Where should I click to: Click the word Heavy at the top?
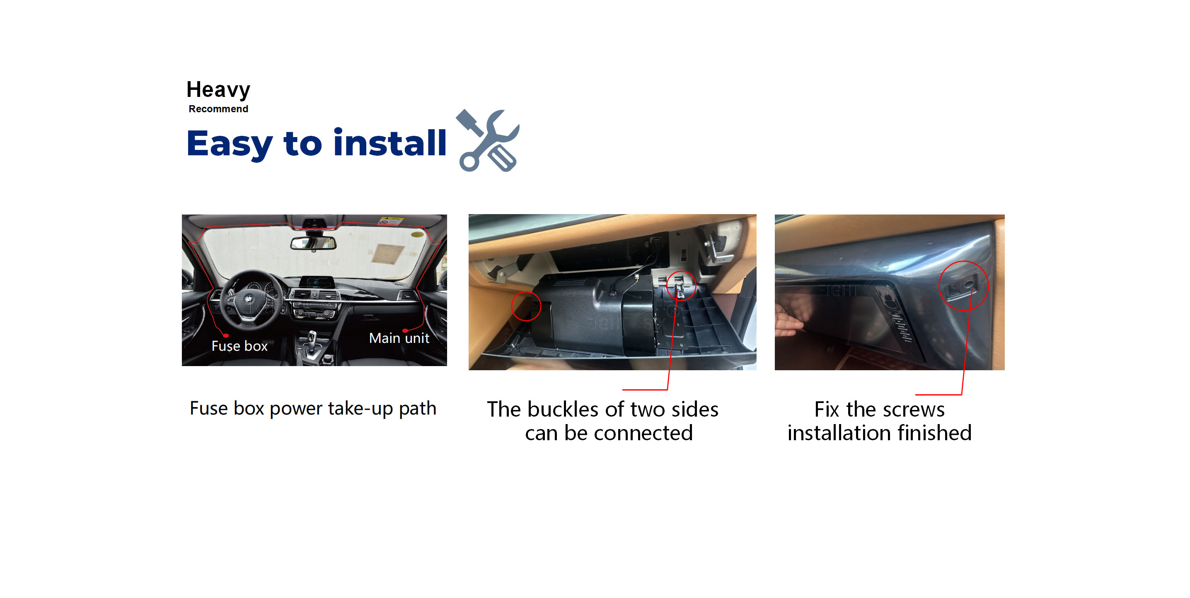point(218,89)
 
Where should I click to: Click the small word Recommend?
point(218,109)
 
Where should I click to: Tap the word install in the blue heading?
point(390,143)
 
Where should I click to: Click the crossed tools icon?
point(488,140)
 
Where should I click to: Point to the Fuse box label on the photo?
point(239,346)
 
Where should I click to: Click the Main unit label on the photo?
point(399,338)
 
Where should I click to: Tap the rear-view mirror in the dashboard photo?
point(313,243)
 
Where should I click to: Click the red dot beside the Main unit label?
point(405,330)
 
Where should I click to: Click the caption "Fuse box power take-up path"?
point(313,409)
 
